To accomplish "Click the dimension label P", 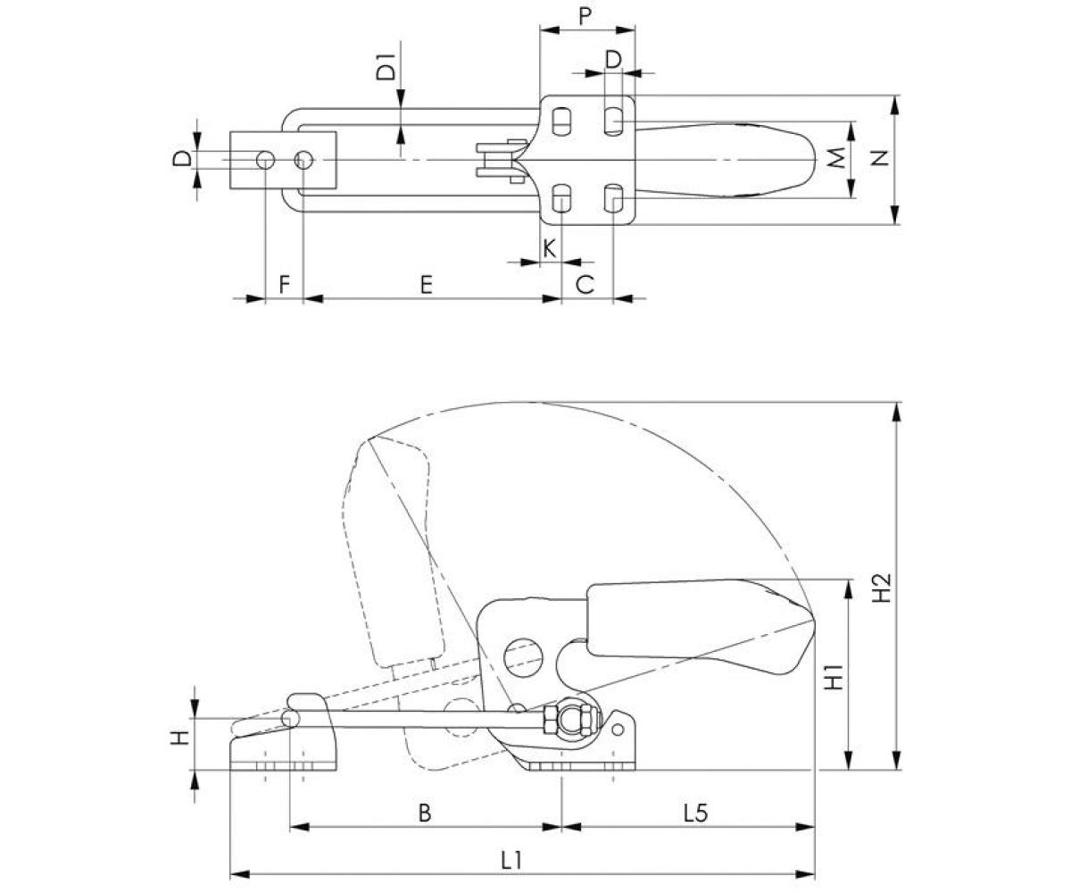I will [x=585, y=17].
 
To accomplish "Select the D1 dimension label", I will [x=386, y=68].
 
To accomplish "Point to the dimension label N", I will [x=881, y=158].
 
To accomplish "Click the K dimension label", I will [x=550, y=247].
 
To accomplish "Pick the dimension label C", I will [x=585, y=285].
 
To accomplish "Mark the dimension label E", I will [x=427, y=285].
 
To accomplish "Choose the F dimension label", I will [x=284, y=285].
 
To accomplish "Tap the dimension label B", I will [x=425, y=814].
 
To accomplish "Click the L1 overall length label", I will [x=511, y=860].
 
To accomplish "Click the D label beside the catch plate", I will [x=181, y=160].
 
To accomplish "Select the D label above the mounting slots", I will [x=613, y=59].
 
